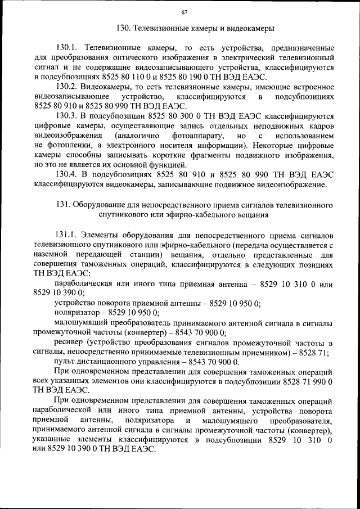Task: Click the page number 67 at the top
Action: click(184, 13)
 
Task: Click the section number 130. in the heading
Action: click(123, 28)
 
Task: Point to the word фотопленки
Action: click(65, 146)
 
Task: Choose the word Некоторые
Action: click(265, 146)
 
